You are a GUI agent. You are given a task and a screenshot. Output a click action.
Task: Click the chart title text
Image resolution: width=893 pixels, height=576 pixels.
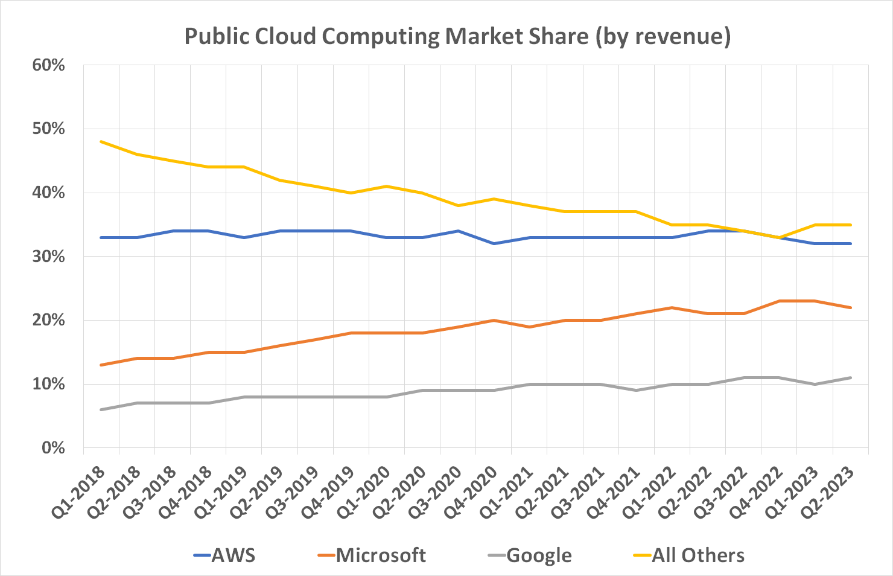pos(457,36)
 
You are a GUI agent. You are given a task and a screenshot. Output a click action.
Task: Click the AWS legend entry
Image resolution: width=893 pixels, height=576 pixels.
pos(233,555)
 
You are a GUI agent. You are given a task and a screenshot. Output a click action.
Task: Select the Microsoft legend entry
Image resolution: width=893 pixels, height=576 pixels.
pos(380,555)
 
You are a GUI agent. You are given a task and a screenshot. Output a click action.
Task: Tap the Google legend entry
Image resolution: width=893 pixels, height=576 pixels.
pos(538,555)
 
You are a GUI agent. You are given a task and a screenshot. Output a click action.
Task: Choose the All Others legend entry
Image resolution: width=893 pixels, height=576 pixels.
pos(698,555)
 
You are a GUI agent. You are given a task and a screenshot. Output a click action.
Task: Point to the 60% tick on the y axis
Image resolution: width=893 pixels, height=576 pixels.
pos(48,65)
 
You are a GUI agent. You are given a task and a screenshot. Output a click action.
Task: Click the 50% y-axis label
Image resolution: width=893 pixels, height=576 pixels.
pos(48,129)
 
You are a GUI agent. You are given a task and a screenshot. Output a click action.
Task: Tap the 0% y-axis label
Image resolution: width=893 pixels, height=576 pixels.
pos(53,448)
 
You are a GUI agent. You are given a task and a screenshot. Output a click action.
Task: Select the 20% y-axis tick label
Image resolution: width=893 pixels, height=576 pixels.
pos(48,320)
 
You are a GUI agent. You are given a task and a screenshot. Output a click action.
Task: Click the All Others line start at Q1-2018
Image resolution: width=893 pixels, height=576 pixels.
pos(101,142)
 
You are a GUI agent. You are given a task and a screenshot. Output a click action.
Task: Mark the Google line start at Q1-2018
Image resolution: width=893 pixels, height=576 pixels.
pos(101,409)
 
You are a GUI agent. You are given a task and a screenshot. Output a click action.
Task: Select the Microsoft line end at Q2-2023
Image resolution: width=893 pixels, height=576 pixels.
pos(850,307)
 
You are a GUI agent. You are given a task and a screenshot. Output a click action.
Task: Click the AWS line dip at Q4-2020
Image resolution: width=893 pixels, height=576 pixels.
pos(494,243)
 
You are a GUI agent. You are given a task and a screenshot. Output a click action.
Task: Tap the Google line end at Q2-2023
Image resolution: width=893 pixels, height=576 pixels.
pos(850,377)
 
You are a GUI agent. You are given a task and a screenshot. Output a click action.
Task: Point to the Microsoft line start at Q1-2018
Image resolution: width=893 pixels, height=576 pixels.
pos(101,365)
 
